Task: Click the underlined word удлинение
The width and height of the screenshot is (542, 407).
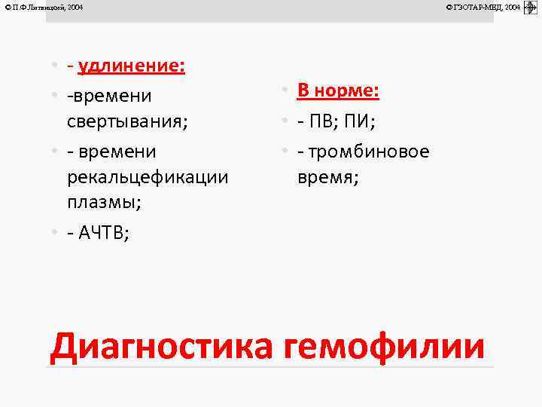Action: [132, 66]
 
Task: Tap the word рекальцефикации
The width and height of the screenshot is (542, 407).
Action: [148, 178]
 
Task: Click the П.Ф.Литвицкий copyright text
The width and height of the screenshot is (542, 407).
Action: [43, 7]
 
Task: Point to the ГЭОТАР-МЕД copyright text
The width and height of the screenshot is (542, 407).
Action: [483, 7]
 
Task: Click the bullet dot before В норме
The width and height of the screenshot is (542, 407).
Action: [287, 92]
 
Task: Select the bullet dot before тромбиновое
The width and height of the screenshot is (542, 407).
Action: [287, 151]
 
